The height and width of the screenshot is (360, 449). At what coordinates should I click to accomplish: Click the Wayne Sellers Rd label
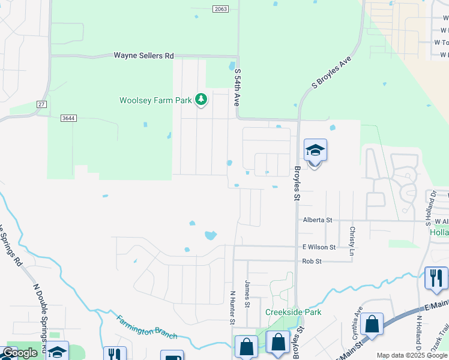click(143, 55)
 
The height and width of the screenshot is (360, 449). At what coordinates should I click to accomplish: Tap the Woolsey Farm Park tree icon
click(201, 99)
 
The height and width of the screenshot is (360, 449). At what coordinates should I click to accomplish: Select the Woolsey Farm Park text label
click(155, 100)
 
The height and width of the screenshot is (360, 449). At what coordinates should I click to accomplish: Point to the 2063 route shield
click(220, 8)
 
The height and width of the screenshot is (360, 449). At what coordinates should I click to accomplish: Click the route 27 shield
click(41, 104)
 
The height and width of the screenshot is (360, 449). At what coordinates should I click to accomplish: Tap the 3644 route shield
click(68, 118)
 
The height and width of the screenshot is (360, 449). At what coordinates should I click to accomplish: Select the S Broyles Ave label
click(331, 74)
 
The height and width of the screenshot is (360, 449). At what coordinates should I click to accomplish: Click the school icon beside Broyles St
click(315, 151)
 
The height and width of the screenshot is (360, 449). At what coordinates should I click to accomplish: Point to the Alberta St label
click(317, 220)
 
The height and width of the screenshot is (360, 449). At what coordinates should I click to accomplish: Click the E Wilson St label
click(319, 247)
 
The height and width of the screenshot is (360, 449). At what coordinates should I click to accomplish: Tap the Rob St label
click(312, 261)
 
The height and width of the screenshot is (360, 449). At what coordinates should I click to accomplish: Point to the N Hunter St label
click(233, 307)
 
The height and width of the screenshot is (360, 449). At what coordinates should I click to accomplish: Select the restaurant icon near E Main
click(436, 278)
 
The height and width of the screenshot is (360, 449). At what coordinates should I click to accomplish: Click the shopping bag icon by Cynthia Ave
click(372, 325)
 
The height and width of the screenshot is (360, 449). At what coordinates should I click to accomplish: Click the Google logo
click(20, 353)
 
